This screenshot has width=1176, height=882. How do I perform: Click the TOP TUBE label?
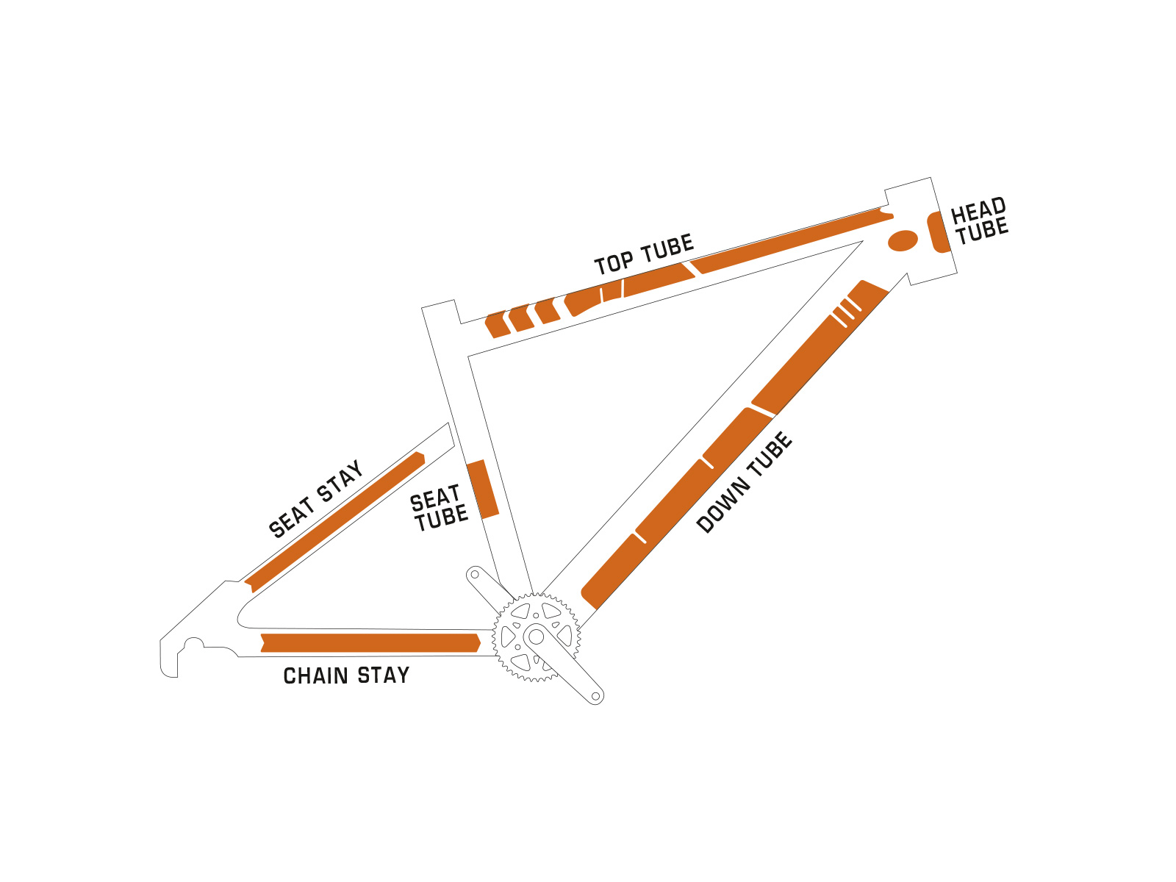(x=644, y=255)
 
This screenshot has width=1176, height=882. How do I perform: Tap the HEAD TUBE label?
(x=979, y=220)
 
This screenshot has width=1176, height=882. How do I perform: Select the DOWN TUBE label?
(x=745, y=483)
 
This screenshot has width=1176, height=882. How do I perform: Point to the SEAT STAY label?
(x=316, y=499)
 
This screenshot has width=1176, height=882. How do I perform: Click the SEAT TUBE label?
(x=439, y=509)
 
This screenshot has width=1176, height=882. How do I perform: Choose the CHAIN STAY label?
(x=346, y=675)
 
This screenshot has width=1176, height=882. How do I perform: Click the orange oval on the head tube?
(x=903, y=240)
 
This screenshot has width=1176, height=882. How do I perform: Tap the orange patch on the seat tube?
(x=483, y=490)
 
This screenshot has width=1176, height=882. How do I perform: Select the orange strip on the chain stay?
(x=370, y=643)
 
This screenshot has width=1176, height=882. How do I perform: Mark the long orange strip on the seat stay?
(x=334, y=522)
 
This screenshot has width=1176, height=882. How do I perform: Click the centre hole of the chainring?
(x=537, y=637)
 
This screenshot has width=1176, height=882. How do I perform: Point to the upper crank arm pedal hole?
(x=475, y=574)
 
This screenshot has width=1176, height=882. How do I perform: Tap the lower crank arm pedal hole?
(x=596, y=695)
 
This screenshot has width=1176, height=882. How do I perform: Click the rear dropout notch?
(x=193, y=646)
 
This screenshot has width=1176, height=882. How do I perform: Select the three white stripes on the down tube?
(x=846, y=312)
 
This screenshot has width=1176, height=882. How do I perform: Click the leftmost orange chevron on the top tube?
(x=498, y=324)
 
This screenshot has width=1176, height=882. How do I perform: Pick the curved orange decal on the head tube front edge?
(x=938, y=232)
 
